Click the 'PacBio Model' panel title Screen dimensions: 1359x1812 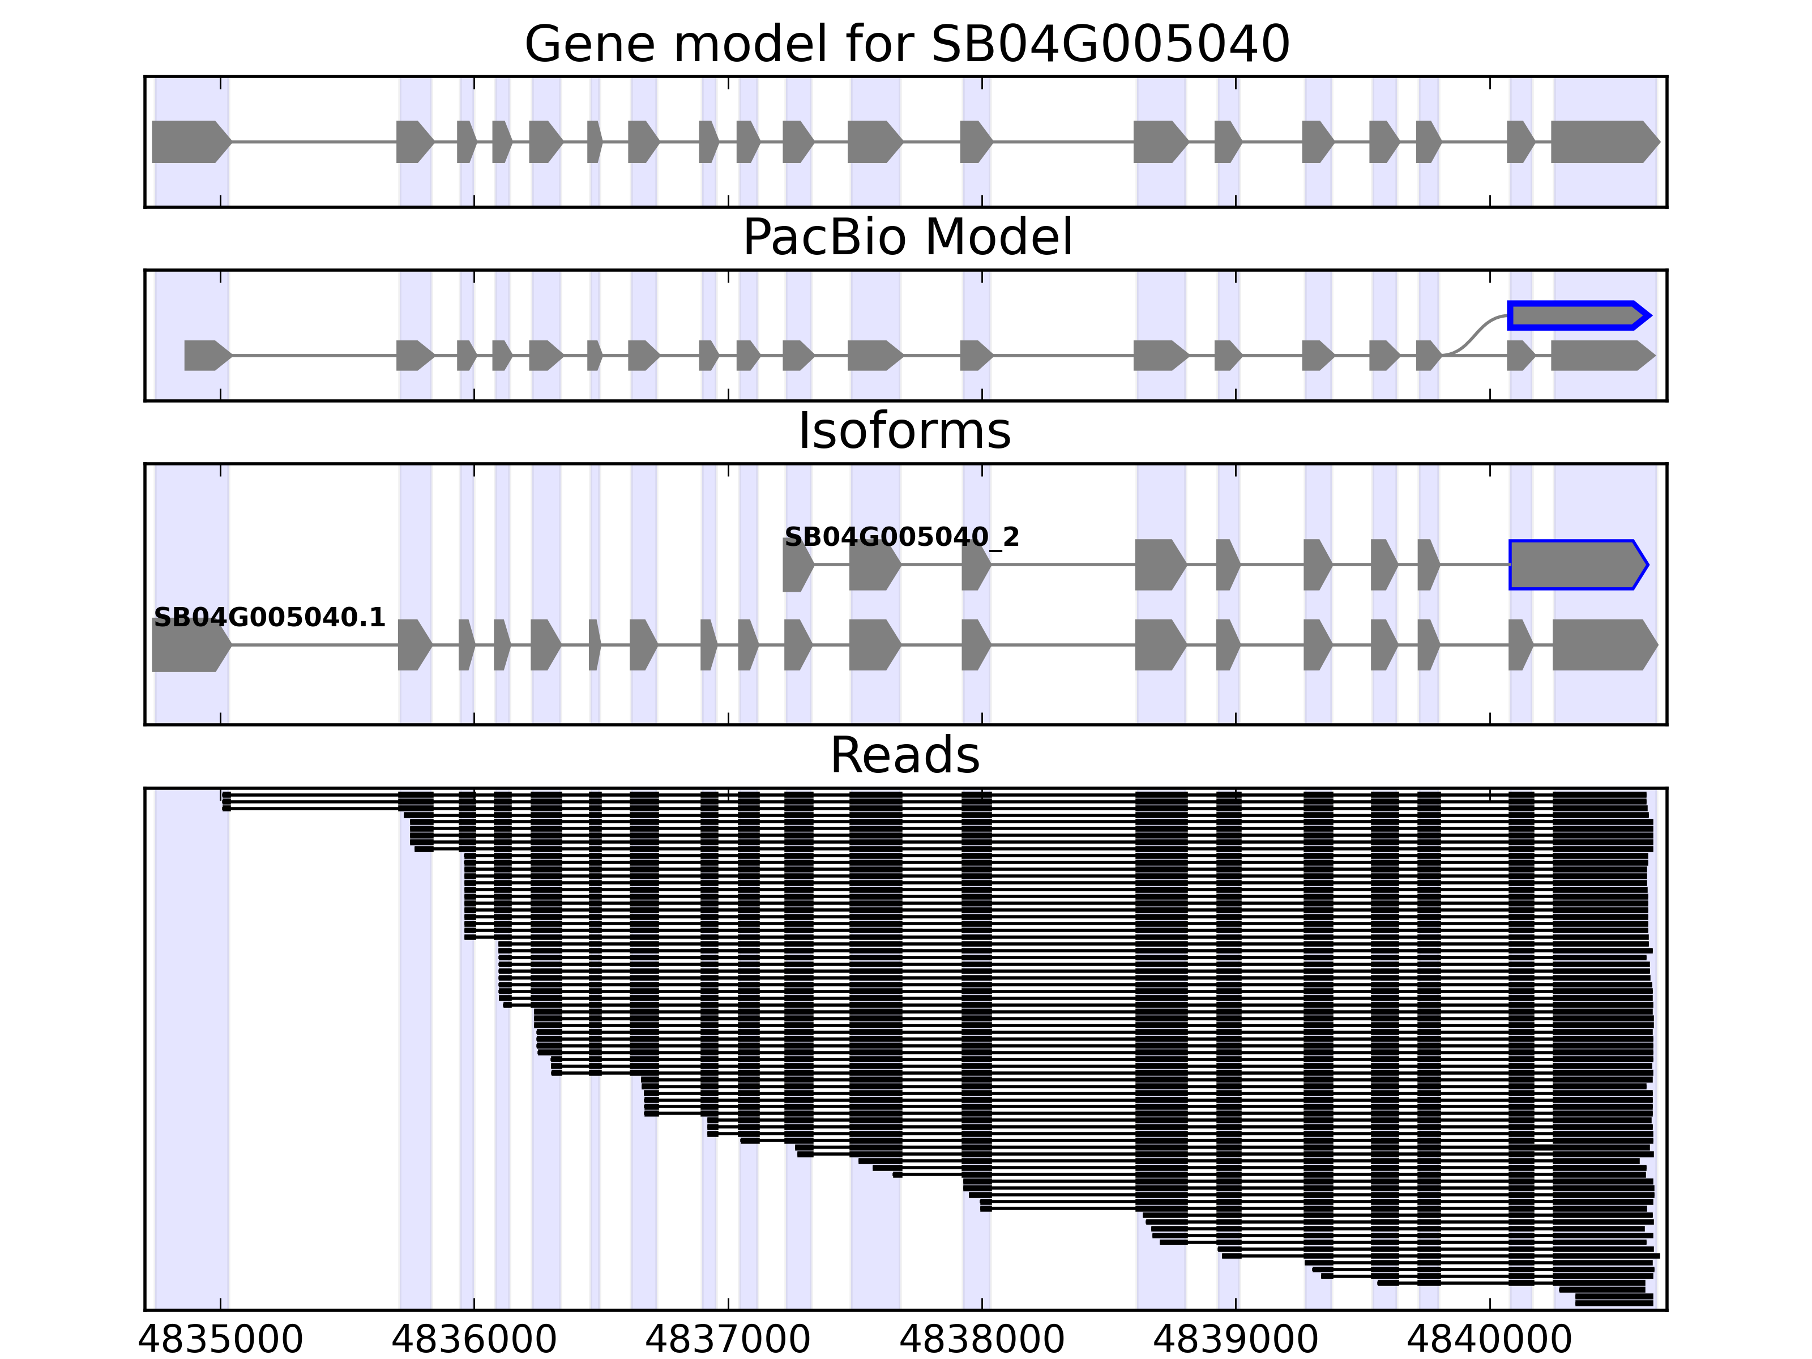coord(907,238)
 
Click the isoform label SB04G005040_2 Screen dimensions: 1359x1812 coord(902,537)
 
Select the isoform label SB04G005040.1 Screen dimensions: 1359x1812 coord(270,618)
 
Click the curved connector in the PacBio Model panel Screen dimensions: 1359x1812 coord(1475,336)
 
